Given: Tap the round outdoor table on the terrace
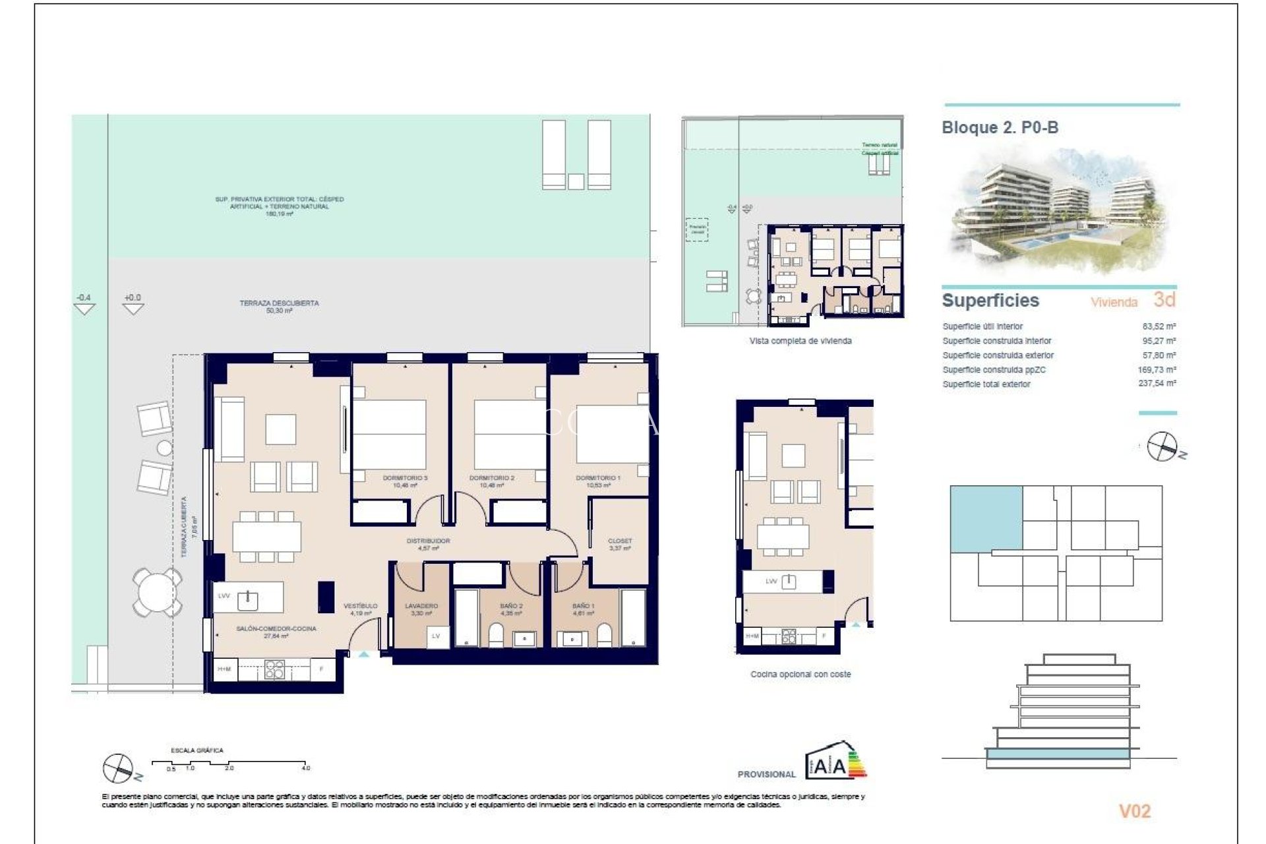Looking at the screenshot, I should (x=157, y=591).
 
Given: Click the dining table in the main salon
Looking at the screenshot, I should (x=266, y=537).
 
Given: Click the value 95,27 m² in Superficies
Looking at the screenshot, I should (x=1159, y=341).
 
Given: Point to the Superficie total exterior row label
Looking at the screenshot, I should (x=986, y=384).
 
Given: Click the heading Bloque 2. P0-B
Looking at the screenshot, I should (x=1000, y=128).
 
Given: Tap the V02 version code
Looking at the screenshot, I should (x=1134, y=811).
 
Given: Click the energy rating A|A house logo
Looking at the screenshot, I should (x=832, y=762).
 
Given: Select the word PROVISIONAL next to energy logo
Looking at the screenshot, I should (x=766, y=774).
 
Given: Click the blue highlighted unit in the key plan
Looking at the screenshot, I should (x=986, y=518).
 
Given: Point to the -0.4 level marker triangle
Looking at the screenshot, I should (x=84, y=307).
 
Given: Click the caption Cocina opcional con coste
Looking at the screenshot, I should (x=800, y=675).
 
